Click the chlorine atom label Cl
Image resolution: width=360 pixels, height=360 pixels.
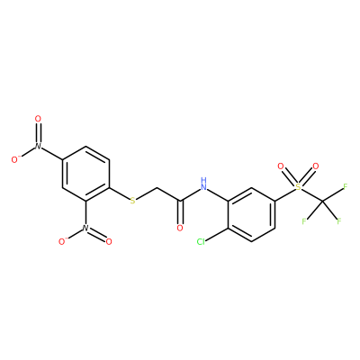[x=201, y=241]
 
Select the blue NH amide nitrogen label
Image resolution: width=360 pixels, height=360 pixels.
[x=204, y=184]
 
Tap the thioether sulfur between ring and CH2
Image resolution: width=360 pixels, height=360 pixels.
[x=132, y=201]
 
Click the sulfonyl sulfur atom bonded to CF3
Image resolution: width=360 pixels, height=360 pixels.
[x=298, y=187]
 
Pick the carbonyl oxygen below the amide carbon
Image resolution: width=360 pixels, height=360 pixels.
[x=180, y=228]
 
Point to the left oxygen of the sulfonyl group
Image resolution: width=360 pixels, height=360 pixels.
[x=281, y=166]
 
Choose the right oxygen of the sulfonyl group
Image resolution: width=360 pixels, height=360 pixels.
[x=315, y=166]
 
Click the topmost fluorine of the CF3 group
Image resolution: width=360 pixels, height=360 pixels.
[x=345, y=187]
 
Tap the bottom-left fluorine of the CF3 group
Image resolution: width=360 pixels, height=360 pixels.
[x=304, y=221]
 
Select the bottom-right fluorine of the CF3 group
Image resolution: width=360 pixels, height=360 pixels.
[x=339, y=221]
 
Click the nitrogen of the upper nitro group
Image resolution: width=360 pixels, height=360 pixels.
[x=38, y=146]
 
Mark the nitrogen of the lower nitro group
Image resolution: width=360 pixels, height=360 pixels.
[x=85, y=228]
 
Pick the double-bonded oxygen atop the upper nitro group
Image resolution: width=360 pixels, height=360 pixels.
[x=38, y=119]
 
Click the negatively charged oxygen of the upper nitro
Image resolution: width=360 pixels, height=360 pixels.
[x=15, y=159]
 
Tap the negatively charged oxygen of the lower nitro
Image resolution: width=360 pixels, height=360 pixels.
[x=63, y=241]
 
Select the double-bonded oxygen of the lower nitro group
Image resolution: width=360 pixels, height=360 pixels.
[x=109, y=241]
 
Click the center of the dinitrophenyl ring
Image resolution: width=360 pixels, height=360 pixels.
[x=85, y=174]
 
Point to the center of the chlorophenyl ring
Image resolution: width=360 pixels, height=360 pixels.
[x=251, y=214]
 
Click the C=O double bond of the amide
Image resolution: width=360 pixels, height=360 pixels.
[x=180, y=212]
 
